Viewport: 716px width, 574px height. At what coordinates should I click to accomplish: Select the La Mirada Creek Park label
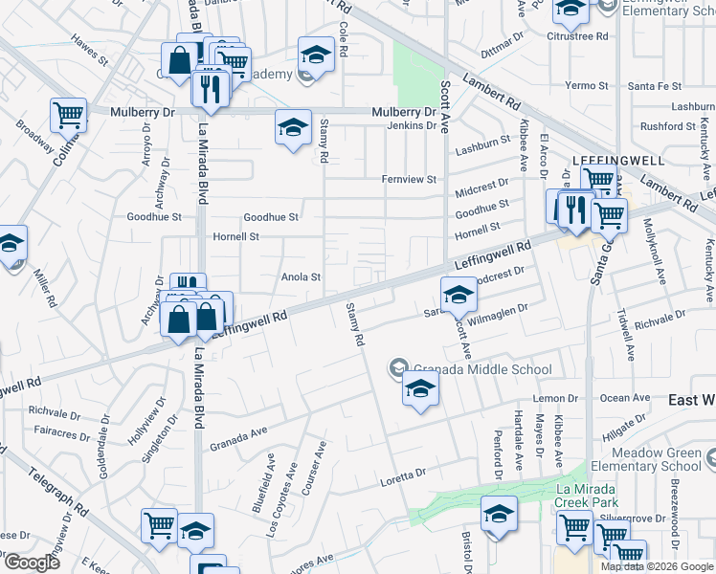point(587,495)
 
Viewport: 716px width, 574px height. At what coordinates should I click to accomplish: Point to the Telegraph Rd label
point(59,491)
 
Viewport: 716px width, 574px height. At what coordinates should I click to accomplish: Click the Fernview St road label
point(409,179)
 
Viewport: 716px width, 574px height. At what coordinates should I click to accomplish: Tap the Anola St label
point(300,277)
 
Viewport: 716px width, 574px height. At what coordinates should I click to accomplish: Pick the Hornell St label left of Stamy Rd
point(235,236)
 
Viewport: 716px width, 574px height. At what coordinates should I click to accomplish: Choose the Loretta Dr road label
point(401,475)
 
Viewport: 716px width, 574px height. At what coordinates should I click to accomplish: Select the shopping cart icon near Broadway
point(68,115)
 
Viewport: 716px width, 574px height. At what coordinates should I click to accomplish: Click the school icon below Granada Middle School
point(419,389)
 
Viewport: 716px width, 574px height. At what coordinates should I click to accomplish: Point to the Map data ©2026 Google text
point(658,566)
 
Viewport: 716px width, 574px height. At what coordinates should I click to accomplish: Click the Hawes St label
point(90,53)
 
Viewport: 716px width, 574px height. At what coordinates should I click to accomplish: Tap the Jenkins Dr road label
point(412,126)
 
